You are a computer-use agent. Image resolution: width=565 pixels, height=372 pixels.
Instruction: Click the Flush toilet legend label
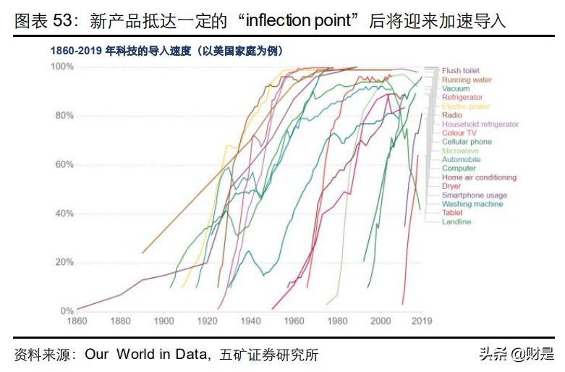461,71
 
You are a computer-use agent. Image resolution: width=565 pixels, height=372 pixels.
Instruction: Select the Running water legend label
467,80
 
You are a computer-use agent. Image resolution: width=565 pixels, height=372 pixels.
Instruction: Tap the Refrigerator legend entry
462,98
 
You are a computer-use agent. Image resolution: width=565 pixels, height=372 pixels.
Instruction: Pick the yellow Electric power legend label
466,106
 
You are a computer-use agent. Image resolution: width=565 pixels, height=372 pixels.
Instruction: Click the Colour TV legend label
459,133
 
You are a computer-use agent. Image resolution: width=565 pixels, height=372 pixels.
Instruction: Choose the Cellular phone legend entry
467,142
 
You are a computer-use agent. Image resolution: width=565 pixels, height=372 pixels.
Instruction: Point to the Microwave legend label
459,151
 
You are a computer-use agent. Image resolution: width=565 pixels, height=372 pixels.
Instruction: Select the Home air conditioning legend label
479,177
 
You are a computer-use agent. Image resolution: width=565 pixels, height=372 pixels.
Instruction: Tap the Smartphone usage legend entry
475,195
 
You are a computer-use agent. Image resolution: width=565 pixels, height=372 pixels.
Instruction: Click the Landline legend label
456,221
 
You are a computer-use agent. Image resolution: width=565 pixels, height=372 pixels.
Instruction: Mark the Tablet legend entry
453,213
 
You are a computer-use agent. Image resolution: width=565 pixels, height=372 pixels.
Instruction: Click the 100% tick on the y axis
61,67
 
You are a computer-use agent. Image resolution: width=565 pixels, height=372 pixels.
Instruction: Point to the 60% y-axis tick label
63,164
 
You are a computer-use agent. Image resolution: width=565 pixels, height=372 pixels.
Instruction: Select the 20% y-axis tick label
63,262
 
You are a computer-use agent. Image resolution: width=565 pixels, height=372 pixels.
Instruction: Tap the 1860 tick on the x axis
77,320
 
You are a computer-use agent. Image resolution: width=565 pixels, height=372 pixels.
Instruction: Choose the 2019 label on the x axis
421,320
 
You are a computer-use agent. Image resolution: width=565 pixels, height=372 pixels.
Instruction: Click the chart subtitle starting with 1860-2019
166,51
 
